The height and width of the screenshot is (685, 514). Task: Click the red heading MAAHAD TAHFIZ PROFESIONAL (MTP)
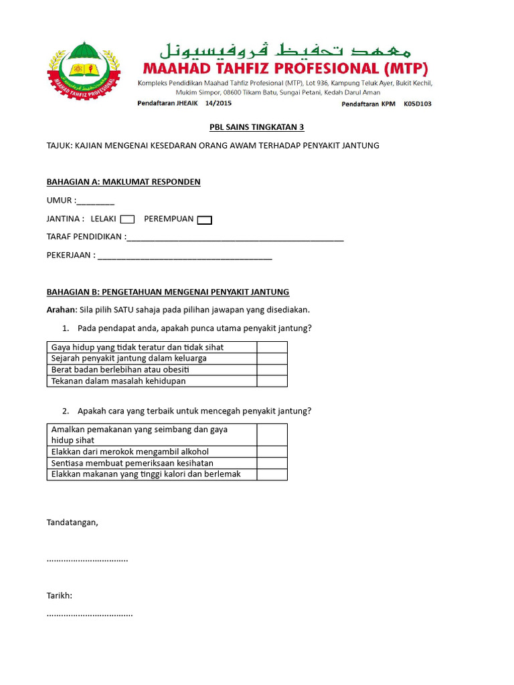284,68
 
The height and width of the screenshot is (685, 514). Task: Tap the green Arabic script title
285,48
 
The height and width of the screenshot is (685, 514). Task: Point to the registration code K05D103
418,104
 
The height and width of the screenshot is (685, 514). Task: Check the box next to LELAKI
127,219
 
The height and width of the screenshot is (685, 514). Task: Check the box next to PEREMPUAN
205,220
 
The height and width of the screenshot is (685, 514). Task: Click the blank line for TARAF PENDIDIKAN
235,238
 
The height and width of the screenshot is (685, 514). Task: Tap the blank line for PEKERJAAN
185,256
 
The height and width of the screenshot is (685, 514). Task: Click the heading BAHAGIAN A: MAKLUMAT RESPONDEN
123,182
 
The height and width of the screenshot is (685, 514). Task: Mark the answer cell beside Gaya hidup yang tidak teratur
272,347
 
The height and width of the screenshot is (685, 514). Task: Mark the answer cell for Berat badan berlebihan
272,370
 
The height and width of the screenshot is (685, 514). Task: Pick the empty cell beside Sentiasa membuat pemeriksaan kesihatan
272,463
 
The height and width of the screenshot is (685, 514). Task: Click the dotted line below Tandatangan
87,559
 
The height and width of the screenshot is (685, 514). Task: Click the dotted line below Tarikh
90,613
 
